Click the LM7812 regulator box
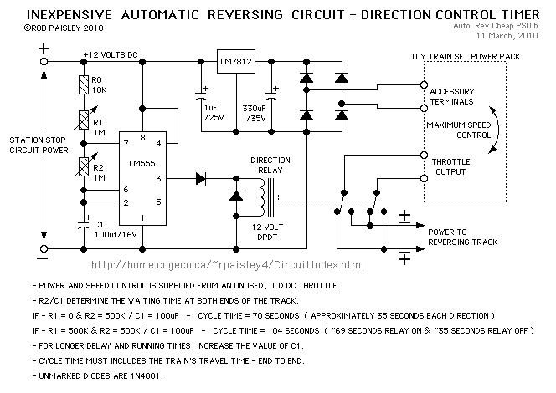(x=236, y=61)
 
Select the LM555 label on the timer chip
(x=142, y=163)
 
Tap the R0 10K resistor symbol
(x=84, y=85)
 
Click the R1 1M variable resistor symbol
(x=84, y=120)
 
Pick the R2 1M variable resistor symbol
(x=84, y=166)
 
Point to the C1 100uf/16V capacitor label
(x=116, y=229)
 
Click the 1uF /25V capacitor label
(x=214, y=113)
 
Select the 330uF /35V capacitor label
(x=254, y=113)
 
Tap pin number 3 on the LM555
(x=158, y=178)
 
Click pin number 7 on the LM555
(x=126, y=143)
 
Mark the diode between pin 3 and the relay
(x=201, y=178)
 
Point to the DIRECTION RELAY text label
(x=270, y=166)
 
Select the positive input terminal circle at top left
(x=44, y=62)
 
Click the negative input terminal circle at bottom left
(x=44, y=248)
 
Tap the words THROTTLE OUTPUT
(x=450, y=166)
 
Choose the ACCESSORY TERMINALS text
(x=452, y=97)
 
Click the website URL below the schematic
(x=228, y=265)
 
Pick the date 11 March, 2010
(x=507, y=36)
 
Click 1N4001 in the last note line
(x=146, y=376)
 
